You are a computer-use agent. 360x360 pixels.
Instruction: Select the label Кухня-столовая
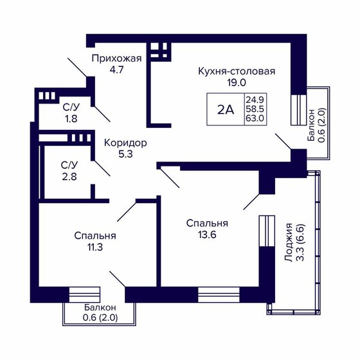tap(237, 71)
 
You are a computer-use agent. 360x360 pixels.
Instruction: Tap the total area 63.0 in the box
tap(254, 119)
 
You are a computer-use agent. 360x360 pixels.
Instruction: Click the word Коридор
tap(126, 142)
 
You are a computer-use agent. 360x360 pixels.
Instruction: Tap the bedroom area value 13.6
tap(207, 235)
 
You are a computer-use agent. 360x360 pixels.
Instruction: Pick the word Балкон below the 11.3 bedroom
tap(98, 307)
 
